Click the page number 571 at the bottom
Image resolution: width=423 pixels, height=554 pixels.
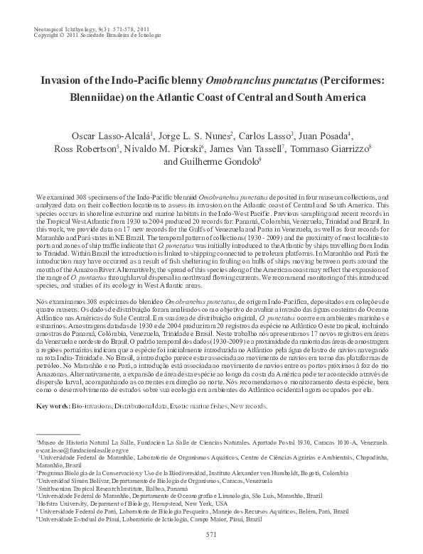[x=210, y=534]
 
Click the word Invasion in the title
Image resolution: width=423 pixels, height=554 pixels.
[x=63, y=81]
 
